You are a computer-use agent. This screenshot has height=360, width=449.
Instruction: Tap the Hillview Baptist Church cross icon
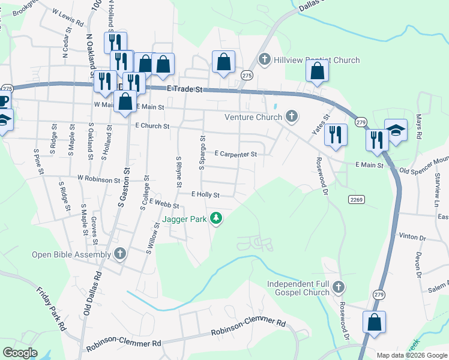264,60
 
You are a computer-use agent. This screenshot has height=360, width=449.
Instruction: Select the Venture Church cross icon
291,116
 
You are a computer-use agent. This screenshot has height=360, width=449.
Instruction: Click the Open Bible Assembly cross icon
119,254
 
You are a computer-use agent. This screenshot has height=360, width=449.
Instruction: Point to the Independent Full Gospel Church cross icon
339,287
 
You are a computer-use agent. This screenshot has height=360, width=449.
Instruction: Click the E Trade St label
187,89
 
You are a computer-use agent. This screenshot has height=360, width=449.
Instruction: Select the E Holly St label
205,194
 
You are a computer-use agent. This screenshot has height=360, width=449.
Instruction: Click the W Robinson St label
99,179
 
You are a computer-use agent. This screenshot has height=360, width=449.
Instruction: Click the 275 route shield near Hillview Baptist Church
247,75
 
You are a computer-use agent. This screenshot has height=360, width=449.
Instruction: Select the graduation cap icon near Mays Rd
396,130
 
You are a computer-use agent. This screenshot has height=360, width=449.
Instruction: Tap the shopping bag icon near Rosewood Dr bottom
375,321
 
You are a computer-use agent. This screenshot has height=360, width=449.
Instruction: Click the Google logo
20,353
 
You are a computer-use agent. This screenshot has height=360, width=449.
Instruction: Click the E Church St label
152,126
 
